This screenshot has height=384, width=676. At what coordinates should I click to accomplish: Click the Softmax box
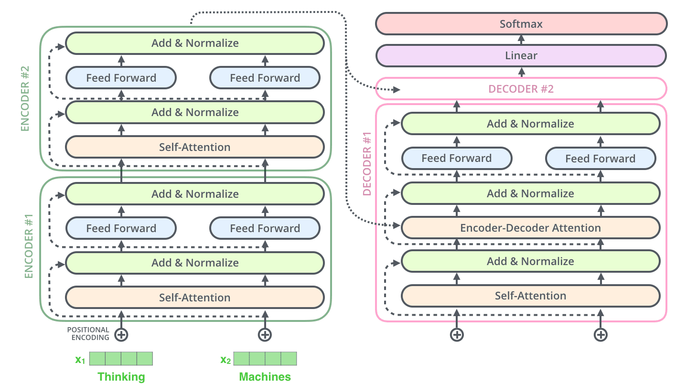click(521, 24)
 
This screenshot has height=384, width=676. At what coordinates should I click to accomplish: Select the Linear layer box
click(521, 55)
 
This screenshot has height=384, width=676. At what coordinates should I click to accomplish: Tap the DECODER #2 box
click(521, 89)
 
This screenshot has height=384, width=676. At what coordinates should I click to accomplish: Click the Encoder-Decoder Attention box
click(530, 228)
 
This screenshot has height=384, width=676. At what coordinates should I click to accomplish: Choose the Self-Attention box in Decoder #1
click(530, 296)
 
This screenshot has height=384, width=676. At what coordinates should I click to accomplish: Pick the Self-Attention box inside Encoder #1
click(195, 298)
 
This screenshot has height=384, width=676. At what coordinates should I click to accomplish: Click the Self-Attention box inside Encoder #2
click(195, 147)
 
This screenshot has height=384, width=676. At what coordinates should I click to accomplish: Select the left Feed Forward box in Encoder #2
click(121, 78)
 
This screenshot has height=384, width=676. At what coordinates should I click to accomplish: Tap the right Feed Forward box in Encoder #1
click(265, 228)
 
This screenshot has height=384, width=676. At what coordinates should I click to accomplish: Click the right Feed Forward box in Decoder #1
click(601, 159)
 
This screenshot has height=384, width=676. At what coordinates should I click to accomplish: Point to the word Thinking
click(121, 376)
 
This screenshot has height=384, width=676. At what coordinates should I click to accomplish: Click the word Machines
click(265, 376)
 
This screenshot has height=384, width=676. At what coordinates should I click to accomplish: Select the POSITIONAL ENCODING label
click(88, 333)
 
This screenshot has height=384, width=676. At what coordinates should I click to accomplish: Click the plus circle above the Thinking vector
click(121, 334)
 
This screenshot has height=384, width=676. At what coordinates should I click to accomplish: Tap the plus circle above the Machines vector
click(265, 334)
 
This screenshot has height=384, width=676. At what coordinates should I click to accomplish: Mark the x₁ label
click(80, 359)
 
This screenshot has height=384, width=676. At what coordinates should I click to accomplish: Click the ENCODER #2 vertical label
click(25, 98)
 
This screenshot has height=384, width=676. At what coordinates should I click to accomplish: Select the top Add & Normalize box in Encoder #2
click(195, 43)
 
